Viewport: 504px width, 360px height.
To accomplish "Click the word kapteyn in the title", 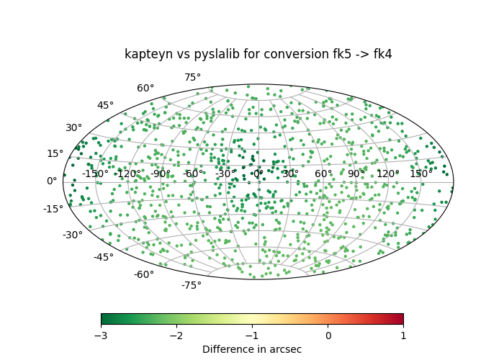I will [146, 55].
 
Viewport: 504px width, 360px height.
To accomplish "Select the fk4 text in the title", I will [381, 55].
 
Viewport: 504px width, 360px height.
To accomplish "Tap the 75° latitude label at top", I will [192, 78].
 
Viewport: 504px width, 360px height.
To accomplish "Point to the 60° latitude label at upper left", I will [145, 89].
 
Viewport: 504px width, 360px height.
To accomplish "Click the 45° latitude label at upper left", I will [105, 106].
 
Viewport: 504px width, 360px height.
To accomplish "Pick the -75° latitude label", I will [191, 286].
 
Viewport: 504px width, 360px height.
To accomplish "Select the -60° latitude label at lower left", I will [144, 274].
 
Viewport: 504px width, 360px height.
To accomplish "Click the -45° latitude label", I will [104, 257].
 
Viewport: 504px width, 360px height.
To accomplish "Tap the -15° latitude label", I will [54, 209].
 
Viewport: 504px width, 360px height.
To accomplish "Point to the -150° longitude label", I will [95, 174].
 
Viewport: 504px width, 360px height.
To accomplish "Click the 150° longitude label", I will [421, 174].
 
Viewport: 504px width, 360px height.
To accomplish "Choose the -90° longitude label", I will [160, 174].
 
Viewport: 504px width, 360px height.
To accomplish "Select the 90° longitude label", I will [356, 174].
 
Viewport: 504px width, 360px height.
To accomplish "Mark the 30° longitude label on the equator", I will [290, 174].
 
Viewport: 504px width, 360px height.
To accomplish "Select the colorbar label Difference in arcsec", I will [252, 349].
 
